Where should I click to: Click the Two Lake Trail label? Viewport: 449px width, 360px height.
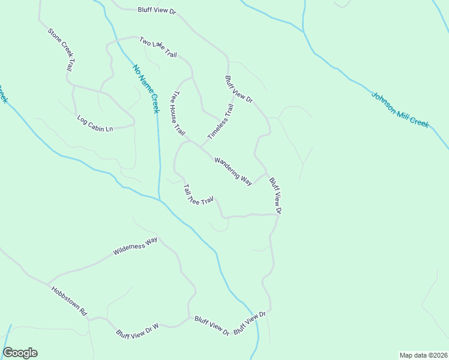pyautogui.click(x=158, y=47)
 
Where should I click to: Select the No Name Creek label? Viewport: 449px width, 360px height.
pyautogui.click(x=146, y=89)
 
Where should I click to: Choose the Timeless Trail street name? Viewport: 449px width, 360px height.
pyautogui.click(x=220, y=122)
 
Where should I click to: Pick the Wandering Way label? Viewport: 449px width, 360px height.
pyautogui.click(x=233, y=171)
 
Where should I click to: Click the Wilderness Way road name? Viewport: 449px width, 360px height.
pyautogui.click(x=135, y=246)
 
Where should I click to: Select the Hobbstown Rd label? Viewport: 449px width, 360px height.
pyautogui.click(x=70, y=301)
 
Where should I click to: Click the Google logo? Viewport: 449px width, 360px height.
pyautogui.click(x=20, y=353)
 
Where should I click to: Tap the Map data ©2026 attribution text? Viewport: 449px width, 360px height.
pyautogui.click(x=423, y=355)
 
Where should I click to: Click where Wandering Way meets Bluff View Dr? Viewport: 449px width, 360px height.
pyautogui.click(x=266, y=174)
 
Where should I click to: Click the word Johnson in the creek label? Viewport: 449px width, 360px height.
pyautogui.click(x=384, y=101)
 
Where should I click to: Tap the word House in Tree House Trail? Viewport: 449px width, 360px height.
pyautogui.click(x=179, y=113)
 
